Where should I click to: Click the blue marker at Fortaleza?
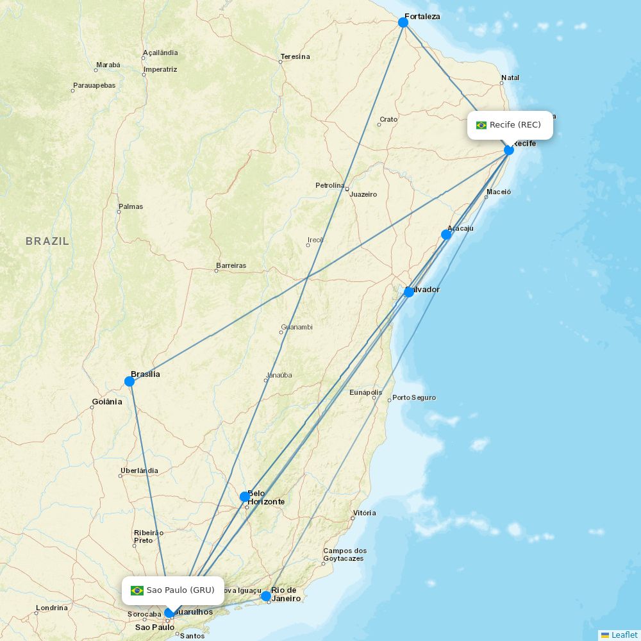403,22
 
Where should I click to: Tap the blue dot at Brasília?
129,381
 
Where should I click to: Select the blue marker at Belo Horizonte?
245,497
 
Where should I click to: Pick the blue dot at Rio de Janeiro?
266,596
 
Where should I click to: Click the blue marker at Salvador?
408,292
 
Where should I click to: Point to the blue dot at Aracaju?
446,235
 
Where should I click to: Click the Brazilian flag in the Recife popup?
481,125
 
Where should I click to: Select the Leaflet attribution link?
624,635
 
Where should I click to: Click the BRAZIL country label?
47,241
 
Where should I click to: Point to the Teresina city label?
295,56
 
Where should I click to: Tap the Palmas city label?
131,206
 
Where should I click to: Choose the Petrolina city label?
329,185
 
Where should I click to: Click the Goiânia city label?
106,402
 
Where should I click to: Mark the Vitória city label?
364,513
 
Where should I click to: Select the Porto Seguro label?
414,397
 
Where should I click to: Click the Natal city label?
510,78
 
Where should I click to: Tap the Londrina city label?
52,608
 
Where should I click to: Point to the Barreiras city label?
231,265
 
